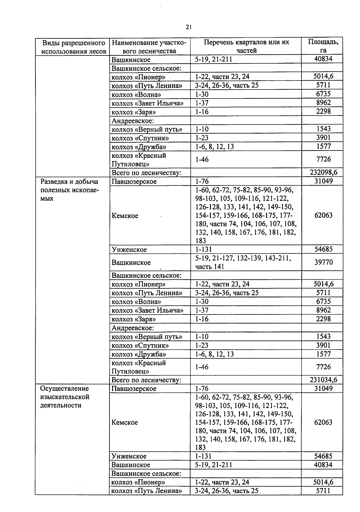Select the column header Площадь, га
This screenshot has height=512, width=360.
pyautogui.click(x=323, y=46)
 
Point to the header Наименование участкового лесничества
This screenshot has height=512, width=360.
pyautogui.click(x=149, y=46)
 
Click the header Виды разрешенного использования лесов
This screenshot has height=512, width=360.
pyautogui.click(x=73, y=47)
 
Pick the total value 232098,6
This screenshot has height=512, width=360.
pyautogui.click(x=323, y=172)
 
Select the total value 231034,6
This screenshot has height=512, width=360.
pyautogui.click(x=323, y=380)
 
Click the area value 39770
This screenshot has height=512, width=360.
pyautogui.click(x=323, y=262)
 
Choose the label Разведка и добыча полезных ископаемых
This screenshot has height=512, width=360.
pyautogui.click(x=70, y=190)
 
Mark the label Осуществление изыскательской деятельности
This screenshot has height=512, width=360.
pyautogui.click(x=65, y=397)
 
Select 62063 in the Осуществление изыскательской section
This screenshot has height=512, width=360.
pyautogui.click(x=323, y=422)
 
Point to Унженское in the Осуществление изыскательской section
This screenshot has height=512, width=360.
pyautogui.click(x=129, y=456)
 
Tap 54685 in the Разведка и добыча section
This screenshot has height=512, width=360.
pyautogui.click(x=323, y=249)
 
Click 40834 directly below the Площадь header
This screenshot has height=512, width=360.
pyautogui.click(x=323, y=59)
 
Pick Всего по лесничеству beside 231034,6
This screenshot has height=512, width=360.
pyautogui.click(x=146, y=380)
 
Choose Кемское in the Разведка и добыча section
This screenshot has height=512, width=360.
pyautogui.click(x=125, y=216)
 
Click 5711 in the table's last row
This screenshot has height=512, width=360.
pyautogui.click(x=323, y=491)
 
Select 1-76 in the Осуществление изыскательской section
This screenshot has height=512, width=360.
pyautogui.click(x=202, y=388)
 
